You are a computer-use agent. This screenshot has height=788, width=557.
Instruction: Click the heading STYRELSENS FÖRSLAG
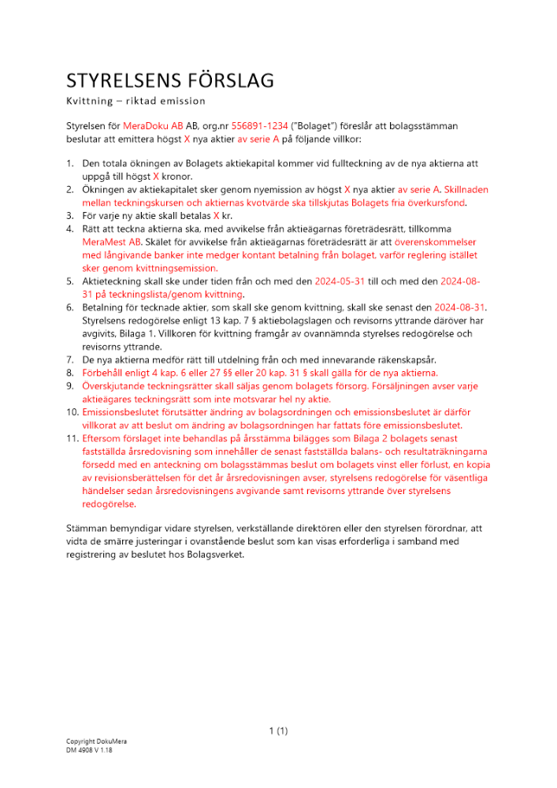(169, 80)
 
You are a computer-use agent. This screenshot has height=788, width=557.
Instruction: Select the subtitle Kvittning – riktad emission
(136, 101)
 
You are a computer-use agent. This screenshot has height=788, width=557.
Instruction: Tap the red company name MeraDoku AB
(149, 126)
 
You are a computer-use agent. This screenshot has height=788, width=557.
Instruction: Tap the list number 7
(69, 359)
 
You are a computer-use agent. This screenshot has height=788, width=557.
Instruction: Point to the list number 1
(69, 165)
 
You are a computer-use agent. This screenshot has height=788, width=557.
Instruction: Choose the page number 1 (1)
(278, 731)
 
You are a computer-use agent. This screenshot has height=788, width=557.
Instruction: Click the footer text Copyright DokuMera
(96, 742)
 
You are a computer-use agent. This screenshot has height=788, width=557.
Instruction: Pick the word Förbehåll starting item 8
(104, 372)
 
